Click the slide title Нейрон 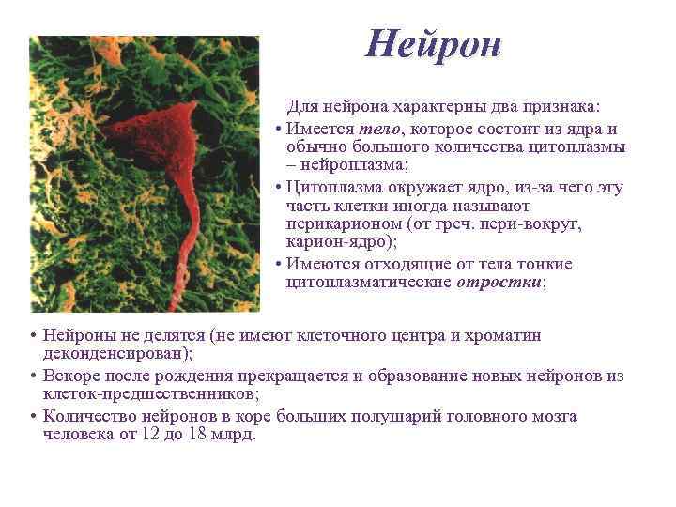[434, 43]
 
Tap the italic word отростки [499, 282]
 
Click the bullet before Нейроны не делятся [32, 336]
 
